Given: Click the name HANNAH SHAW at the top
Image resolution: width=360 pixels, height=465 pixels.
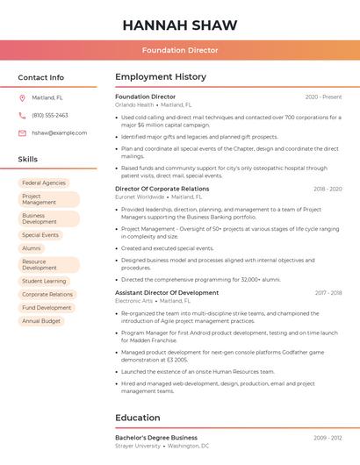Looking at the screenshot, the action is [x=180, y=24].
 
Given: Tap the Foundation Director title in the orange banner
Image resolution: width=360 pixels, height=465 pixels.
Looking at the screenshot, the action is [x=180, y=50].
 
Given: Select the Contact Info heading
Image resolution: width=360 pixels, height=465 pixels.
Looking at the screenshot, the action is [x=41, y=77].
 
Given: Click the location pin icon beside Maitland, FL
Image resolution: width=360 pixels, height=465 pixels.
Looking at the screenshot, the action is [x=22, y=97].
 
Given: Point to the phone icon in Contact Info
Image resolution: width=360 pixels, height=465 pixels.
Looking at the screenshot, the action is [x=22, y=115].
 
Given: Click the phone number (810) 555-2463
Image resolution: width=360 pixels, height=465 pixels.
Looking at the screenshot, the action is [x=50, y=115].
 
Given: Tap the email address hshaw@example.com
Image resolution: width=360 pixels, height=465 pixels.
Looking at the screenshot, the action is [x=60, y=132].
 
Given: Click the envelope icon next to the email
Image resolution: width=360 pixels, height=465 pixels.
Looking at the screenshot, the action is [x=22, y=132].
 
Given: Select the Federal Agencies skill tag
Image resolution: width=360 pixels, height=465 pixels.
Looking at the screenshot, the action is [x=44, y=182].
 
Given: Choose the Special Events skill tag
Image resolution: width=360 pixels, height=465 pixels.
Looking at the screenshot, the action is [x=40, y=235].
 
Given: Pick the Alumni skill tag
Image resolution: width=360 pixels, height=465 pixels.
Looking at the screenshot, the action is [x=32, y=248].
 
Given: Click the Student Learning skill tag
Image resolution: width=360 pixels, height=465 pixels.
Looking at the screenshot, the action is [x=44, y=281].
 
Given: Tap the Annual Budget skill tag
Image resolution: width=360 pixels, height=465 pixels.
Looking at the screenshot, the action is [x=41, y=321].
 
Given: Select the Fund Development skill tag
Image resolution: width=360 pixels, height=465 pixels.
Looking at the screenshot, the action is [x=47, y=308].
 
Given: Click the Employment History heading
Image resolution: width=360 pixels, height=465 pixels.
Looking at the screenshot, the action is [x=161, y=77].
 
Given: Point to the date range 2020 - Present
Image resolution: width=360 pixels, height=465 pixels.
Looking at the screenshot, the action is [x=323, y=97].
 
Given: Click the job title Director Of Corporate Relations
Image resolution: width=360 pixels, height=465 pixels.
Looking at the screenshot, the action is [x=162, y=189].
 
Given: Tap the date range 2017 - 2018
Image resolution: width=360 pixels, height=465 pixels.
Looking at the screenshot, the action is [x=328, y=292].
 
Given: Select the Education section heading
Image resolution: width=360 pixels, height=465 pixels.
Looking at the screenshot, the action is [x=138, y=418].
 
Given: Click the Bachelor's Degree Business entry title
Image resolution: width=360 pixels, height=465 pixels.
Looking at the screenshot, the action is [x=156, y=437].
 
